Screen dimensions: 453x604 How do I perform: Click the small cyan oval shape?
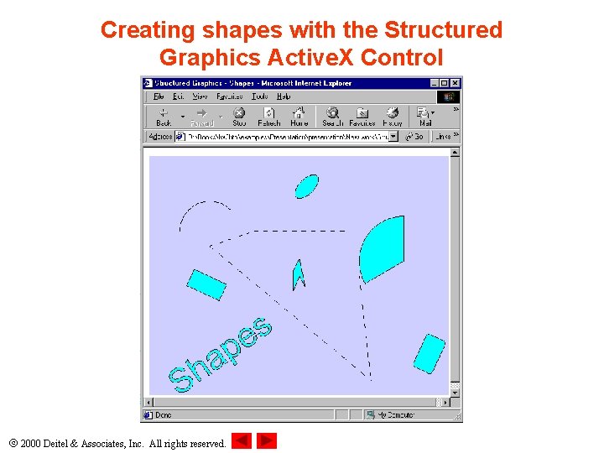click(307, 185)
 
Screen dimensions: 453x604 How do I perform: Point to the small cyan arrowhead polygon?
click(297, 273)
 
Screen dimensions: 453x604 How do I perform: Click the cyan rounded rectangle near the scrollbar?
click(429, 353)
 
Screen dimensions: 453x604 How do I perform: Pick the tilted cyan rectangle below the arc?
click(206, 284)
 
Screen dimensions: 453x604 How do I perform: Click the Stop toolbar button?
click(239, 117)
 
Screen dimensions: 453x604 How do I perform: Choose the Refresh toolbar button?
click(269, 117)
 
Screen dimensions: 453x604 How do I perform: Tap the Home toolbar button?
click(299, 117)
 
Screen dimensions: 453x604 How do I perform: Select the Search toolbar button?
click(332, 117)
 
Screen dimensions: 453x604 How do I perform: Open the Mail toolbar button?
click(424, 117)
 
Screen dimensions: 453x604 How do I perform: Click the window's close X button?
click(456, 83)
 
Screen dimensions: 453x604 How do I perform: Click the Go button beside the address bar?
click(415, 137)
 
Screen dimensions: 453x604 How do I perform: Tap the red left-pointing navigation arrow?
click(242, 441)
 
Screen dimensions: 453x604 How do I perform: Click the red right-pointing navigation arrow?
click(267, 441)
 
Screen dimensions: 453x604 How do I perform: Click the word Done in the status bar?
click(163, 414)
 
